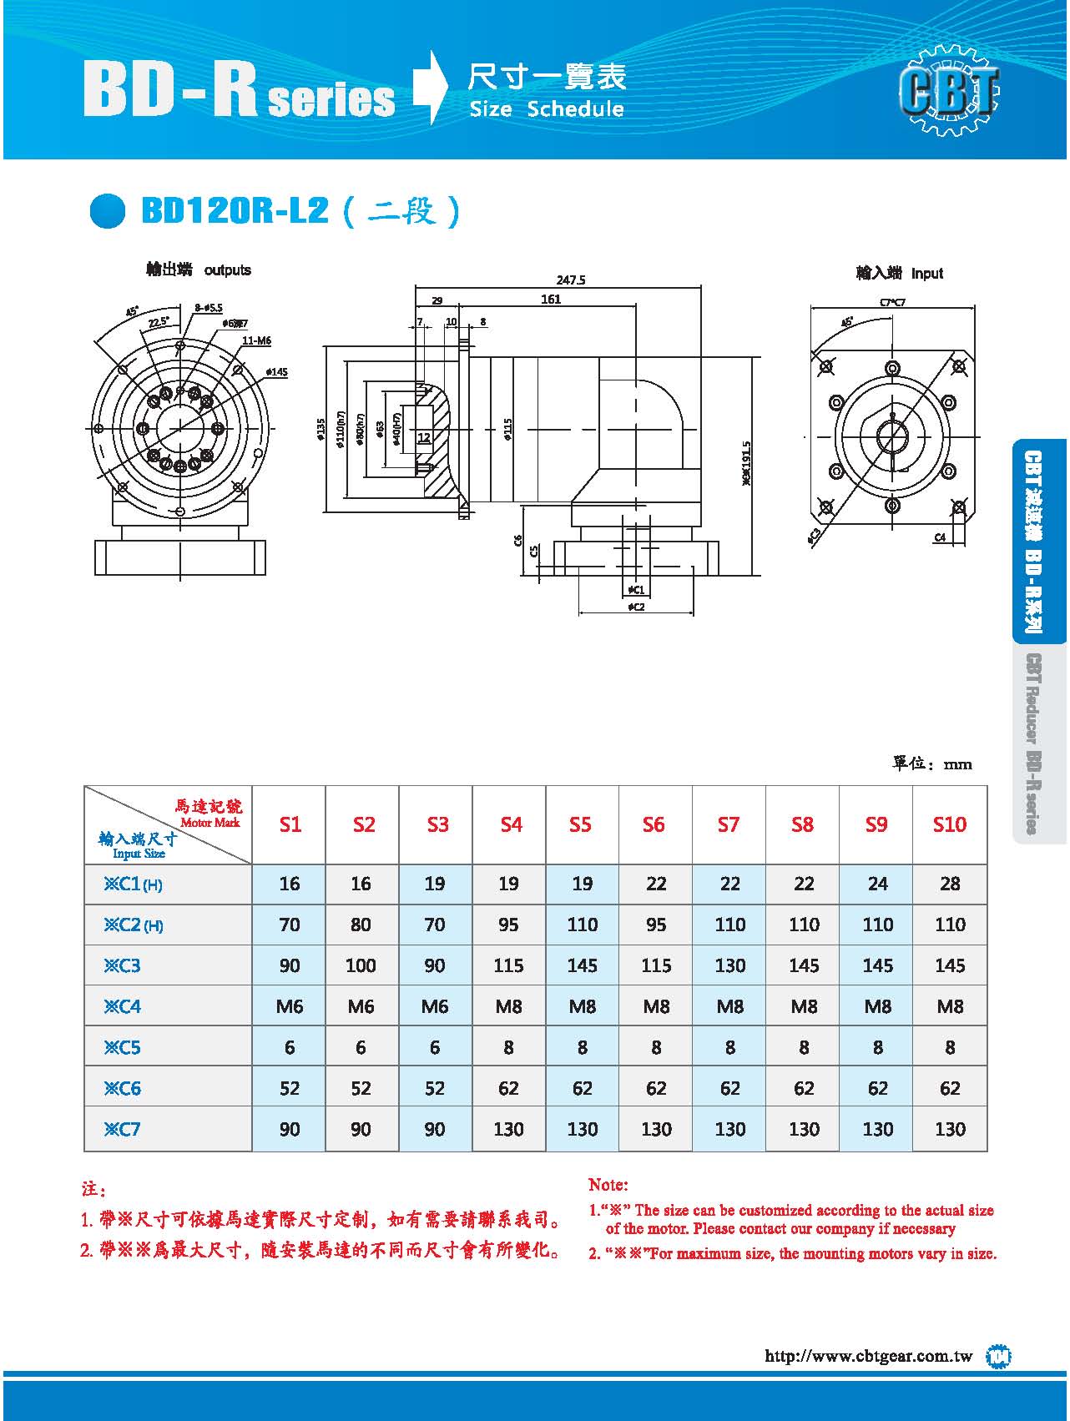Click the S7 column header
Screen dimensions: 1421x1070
(x=729, y=824)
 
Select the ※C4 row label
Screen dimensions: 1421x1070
(x=123, y=1006)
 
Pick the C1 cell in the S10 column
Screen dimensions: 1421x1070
(x=950, y=883)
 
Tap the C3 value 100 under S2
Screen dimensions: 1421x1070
(x=361, y=965)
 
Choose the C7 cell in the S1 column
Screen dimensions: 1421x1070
(x=290, y=1129)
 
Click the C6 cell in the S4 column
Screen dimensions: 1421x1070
(x=508, y=1088)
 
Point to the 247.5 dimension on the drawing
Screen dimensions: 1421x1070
(x=571, y=280)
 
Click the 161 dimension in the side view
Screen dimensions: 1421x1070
(x=551, y=300)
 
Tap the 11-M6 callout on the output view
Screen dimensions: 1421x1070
(x=256, y=340)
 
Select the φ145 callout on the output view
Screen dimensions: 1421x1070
(x=276, y=371)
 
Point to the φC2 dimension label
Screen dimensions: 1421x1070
(x=636, y=607)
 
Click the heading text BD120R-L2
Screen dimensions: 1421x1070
(x=235, y=210)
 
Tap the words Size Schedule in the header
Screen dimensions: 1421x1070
(x=547, y=109)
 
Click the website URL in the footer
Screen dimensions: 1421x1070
(x=868, y=1356)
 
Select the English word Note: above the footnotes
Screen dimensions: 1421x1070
(x=608, y=1185)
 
